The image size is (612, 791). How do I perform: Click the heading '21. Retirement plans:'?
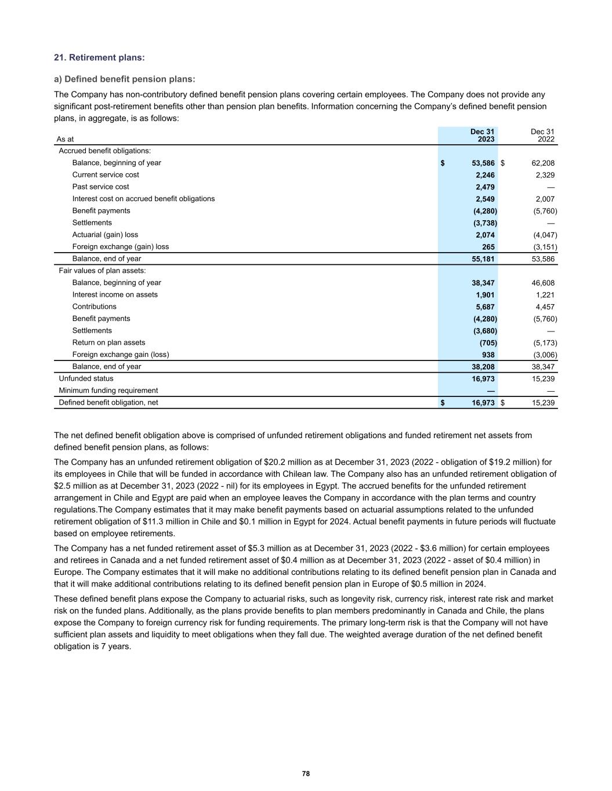[99, 57]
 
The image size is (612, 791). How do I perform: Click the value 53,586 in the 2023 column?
[483, 163]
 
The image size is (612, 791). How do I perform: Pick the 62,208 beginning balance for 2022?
[543, 163]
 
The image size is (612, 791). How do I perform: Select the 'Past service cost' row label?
[100, 187]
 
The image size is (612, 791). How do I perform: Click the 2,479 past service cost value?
[485, 187]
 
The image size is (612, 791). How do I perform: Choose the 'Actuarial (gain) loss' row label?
[105, 235]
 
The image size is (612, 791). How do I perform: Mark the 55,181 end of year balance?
[483, 259]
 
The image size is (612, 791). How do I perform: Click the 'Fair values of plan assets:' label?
[102, 271]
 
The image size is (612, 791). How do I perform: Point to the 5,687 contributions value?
[485, 307]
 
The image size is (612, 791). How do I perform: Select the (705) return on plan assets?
[488, 343]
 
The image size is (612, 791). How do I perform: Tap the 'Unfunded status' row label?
[86, 378]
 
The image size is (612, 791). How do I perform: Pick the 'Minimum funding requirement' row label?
[108, 391]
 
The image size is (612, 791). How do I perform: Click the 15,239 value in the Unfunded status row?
[543, 379]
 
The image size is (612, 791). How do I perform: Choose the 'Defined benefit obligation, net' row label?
[108, 402]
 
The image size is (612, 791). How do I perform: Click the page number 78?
[306, 774]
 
